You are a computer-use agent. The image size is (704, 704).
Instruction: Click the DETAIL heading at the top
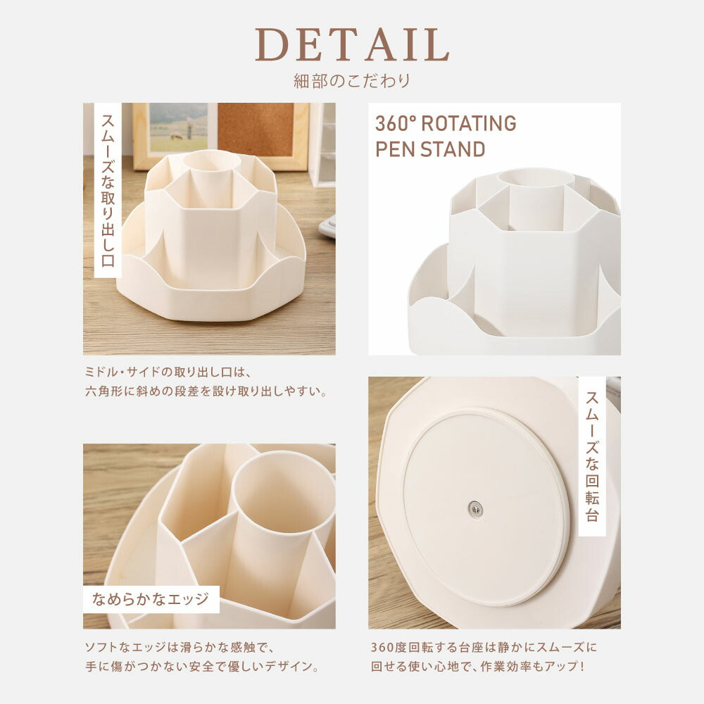point(353,44)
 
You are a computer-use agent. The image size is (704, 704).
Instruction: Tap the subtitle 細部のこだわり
point(353,81)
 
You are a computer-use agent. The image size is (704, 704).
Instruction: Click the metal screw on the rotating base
point(475,509)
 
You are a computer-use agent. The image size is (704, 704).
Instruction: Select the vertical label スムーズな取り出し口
point(108,190)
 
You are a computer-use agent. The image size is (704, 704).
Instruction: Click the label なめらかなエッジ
point(151,599)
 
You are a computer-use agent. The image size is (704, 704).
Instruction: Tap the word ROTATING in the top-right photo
point(469,123)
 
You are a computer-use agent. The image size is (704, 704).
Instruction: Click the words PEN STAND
point(430,149)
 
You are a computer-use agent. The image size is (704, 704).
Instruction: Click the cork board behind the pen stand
point(256,130)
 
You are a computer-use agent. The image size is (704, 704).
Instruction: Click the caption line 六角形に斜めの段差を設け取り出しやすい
point(206,391)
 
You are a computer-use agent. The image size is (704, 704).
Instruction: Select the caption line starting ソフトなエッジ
point(180,647)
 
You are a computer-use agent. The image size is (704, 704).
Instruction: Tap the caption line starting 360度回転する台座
point(484,647)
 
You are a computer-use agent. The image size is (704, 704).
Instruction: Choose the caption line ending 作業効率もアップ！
point(478,666)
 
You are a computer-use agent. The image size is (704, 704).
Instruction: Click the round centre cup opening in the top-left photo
point(211,161)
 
